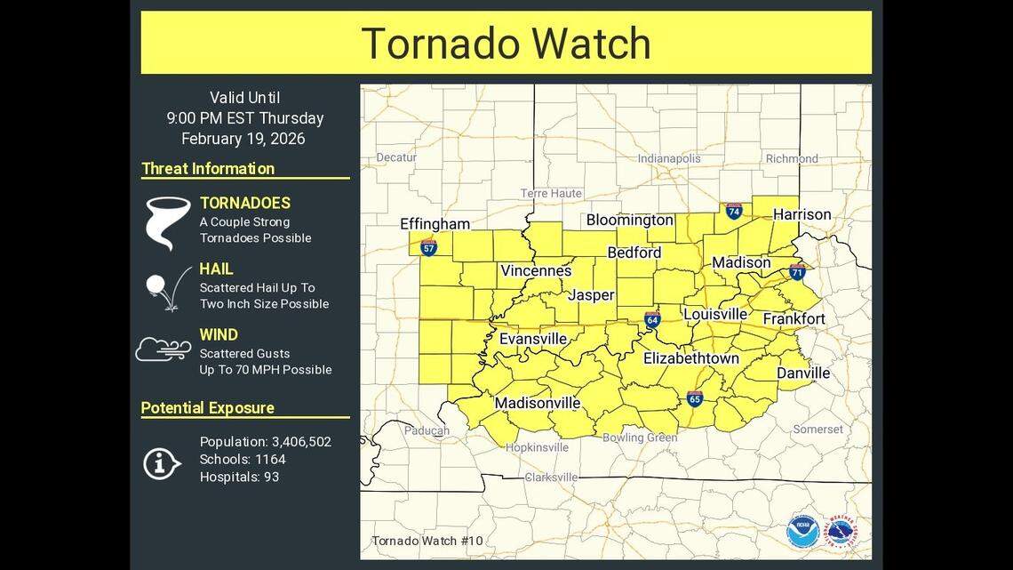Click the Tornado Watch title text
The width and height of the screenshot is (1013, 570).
(506, 44)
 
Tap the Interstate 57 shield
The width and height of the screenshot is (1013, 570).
(428, 247)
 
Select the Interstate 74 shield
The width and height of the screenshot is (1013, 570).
(733, 211)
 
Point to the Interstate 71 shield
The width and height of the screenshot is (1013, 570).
(797, 271)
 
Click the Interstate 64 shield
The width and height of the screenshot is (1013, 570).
(652, 320)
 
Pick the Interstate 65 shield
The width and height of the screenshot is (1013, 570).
(695, 398)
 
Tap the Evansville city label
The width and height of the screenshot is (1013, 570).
(532, 339)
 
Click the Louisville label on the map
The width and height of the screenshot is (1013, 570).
(715, 314)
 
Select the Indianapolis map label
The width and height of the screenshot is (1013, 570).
(668, 159)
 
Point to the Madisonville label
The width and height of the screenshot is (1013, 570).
(537, 403)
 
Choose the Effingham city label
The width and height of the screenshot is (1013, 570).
(435, 223)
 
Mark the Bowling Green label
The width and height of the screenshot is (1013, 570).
(640, 438)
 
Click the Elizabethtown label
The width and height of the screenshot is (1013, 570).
(690, 358)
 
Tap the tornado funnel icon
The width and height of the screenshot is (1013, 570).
(167, 222)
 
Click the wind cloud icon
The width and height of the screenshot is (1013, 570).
(163, 349)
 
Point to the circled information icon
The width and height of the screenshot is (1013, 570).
(161, 462)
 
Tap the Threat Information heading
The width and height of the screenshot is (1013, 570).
(208, 168)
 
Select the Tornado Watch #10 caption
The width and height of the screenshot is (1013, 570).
(427, 541)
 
